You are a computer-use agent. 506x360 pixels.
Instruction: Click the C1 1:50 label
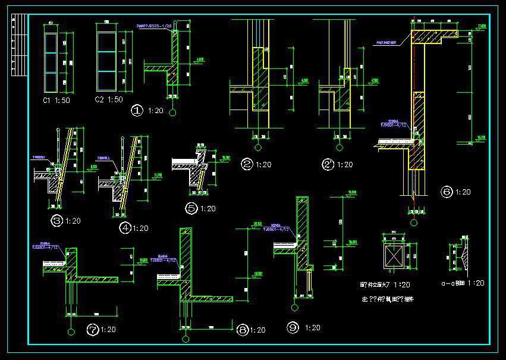56,101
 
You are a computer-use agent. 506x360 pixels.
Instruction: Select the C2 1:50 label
109,99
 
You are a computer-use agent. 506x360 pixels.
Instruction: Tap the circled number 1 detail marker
137,110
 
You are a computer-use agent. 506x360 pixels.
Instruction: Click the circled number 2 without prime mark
247,164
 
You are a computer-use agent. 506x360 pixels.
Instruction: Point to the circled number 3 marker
57,221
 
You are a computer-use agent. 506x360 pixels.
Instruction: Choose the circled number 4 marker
125,227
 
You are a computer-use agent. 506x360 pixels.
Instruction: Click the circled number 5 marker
191,208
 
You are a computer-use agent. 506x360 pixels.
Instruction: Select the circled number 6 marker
447,192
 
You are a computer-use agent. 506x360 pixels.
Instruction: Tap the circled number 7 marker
92,328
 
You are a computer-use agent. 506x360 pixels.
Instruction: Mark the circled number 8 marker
242,330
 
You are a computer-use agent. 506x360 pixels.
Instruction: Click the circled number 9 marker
292,328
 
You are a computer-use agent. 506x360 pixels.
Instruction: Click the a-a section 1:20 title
464,283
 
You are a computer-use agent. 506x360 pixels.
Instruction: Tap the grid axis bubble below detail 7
71,331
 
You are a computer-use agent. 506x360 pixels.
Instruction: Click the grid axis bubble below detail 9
293,308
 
